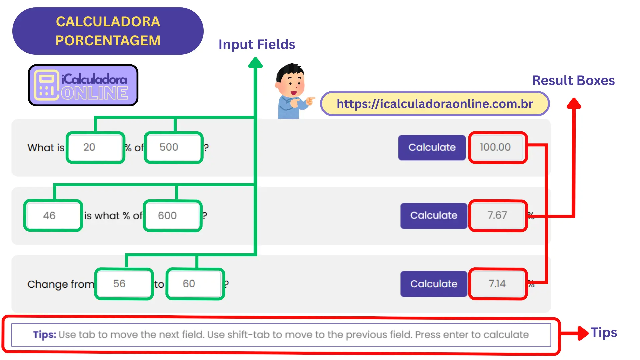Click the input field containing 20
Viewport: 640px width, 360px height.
pyautogui.click(x=95, y=147)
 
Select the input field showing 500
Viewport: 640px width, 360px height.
pyautogui.click(x=173, y=147)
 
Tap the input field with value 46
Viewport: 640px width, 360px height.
pyautogui.click(x=53, y=216)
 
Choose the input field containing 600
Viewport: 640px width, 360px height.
pyautogui.click(x=172, y=216)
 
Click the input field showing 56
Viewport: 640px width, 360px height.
pyautogui.click(x=124, y=284)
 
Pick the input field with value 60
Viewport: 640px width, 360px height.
pyautogui.click(x=195, y=284)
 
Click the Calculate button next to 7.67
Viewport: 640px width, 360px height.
pyautogui.click(x=433, y=216)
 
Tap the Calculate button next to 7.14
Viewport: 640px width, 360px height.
pyautogui.click(x=433, y=284)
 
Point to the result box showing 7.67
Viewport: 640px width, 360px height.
pyautogui.click(x=498, y=216)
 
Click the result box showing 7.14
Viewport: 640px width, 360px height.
pyautogui.click(x=498, y=284)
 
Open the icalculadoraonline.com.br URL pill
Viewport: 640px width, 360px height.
pyautogui.click(x=435, y=104)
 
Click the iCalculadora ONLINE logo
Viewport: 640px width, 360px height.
pyautogui.click(x=83, y=86)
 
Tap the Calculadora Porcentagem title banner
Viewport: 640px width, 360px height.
pyautogui.click(x=108, y=31)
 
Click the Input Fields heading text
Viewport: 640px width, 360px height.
pyautogui.click(x=257, y=45)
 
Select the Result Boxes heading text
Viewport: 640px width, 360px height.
pyautogui.click(x=573, y=81)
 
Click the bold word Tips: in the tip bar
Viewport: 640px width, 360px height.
pyautogui.click(x=45, y=335)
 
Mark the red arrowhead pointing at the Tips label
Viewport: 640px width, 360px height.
pyautogui.click(x=583, y=333)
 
